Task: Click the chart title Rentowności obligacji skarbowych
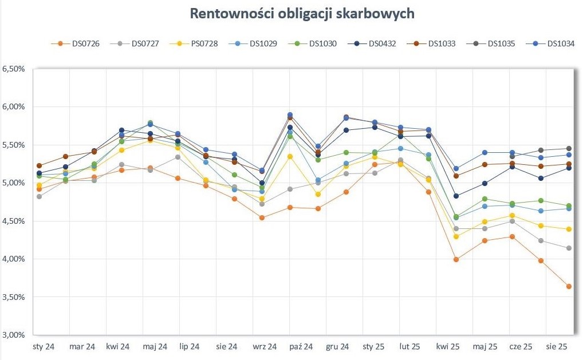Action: tap(302, 14)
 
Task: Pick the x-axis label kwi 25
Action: tap(447, 347)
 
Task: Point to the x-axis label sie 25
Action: tap(557, 347)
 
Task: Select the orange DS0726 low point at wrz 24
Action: tap(262, 217)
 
